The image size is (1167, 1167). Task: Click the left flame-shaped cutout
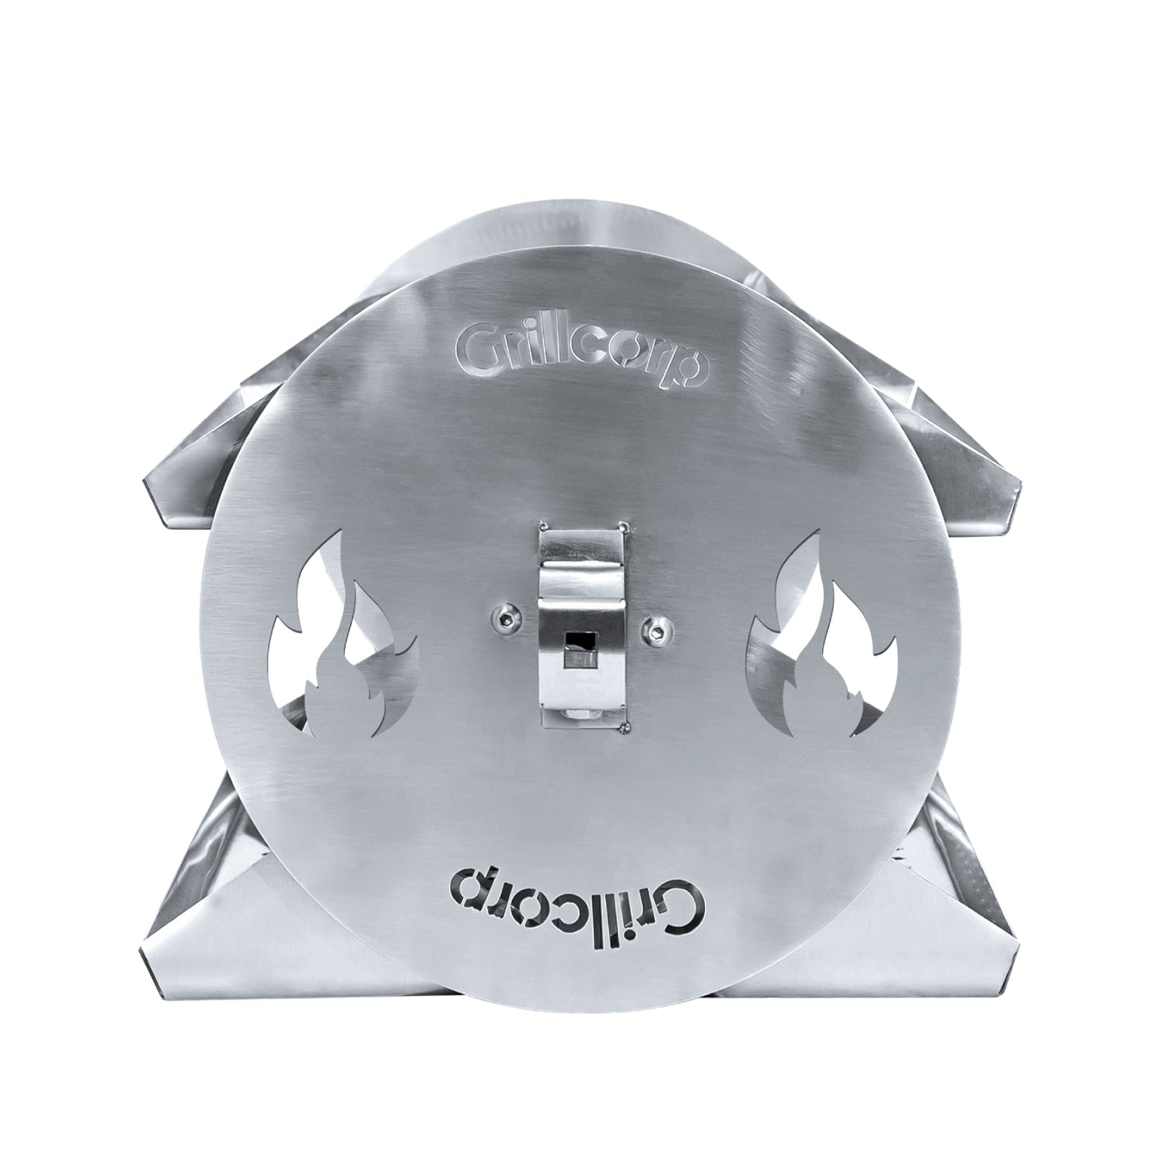pyautogui.click(x=342, y=642)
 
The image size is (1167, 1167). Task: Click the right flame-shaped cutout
pyautogui.click(x=824, y=642)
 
